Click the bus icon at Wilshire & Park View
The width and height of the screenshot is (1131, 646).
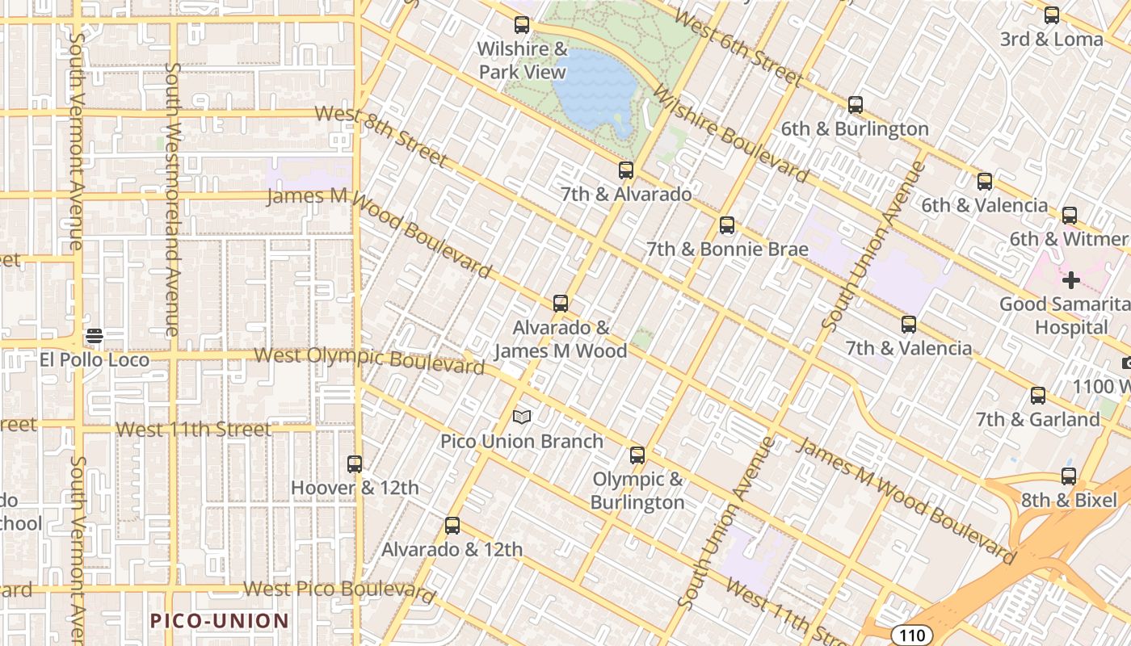(x=522, y=25)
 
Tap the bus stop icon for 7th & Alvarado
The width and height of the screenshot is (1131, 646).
(x=626, y=170)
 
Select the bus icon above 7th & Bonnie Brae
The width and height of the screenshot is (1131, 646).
(x=727, y=225)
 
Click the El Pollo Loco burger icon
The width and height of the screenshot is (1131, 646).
(x=95, y=336)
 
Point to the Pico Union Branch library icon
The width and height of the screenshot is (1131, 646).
(x=522, y=417)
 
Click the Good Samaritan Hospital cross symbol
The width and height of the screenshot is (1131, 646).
(x=1071, y=280)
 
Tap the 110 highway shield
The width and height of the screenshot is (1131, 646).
(x=912, y=636)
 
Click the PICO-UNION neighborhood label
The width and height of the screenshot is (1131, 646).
(x=220, y=621)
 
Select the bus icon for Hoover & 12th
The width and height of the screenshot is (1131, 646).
(x=355, y=464)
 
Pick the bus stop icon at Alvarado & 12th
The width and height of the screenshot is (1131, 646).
(x=452, y=526)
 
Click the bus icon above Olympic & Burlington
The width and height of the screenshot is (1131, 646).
(x=637, y=455)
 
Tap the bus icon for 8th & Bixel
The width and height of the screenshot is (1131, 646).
(x=1069, y=476)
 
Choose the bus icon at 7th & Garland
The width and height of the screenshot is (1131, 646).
(x=1038, y=396)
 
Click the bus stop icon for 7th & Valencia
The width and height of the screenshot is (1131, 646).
(x=909, y=325)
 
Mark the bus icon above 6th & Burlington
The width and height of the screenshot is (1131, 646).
(x=856, y=105)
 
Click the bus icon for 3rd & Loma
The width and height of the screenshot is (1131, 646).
(x=1052, y=15)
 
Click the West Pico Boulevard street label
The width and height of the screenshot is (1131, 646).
(x=339, y=590)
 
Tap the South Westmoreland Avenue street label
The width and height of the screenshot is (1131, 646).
(x=172, y=198)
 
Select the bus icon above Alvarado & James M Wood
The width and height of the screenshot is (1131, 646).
(x=561, y=304)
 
